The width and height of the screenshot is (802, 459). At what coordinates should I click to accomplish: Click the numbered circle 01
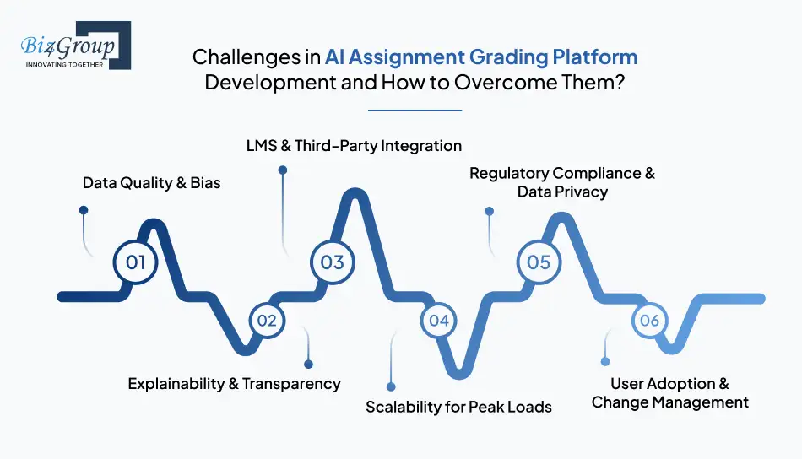tap(136, 262)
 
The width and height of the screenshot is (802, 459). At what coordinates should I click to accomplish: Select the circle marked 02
tap(267, 321)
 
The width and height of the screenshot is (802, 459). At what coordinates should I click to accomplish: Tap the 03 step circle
tap(332, 262)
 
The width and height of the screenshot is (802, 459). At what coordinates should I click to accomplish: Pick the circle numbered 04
tap(438, 321)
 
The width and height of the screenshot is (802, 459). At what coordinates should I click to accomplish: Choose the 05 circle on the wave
tap(539, 262)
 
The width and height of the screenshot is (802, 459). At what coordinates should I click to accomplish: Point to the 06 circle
tap(649, 321)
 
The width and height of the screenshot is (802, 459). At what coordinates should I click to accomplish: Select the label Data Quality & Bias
tap(151, 182)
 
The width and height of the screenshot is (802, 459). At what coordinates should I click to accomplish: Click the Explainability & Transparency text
tap(234, 383)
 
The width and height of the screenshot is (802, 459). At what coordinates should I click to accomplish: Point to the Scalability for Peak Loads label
tap(458, 407)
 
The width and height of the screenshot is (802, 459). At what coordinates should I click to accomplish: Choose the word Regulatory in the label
tap(508, 173)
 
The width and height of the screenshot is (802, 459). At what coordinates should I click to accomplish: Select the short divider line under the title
tap(415, 110)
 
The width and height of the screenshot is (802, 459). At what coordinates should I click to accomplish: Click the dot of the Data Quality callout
tap(84, 209)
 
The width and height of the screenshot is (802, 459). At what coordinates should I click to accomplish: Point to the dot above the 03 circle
tap(283, 170)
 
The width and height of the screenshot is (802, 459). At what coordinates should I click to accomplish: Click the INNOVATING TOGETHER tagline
tap(65, 64)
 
